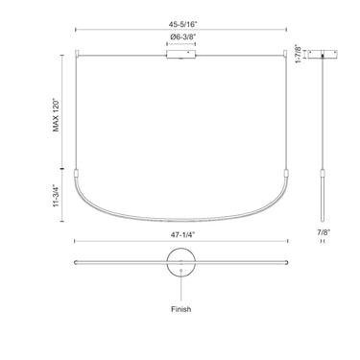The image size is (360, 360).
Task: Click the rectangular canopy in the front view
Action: (x=180, y=58)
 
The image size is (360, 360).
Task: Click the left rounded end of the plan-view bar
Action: (x=76, y=261)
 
